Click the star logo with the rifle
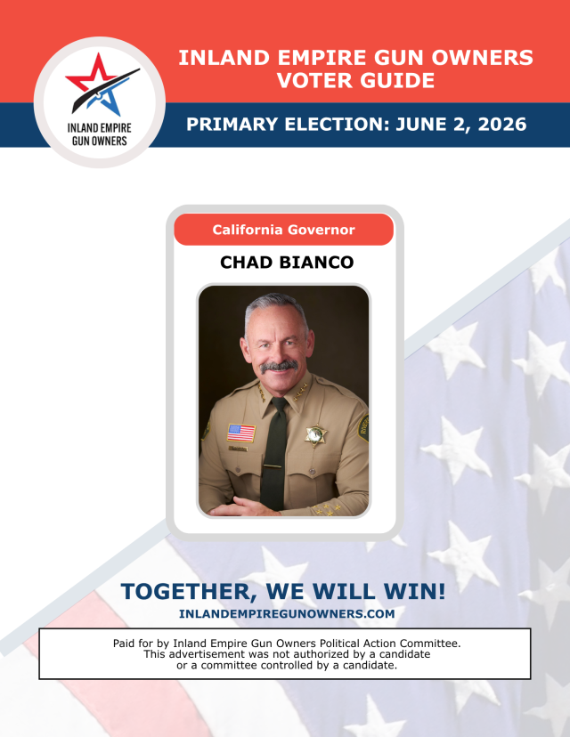100,85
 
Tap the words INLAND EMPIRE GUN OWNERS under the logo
98,134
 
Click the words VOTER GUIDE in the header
355,81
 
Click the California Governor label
283,230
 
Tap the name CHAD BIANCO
286,263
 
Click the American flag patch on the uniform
240,433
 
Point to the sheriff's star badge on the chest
313,434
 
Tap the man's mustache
279,365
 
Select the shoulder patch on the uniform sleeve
362,426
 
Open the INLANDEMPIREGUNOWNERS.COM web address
286,614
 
